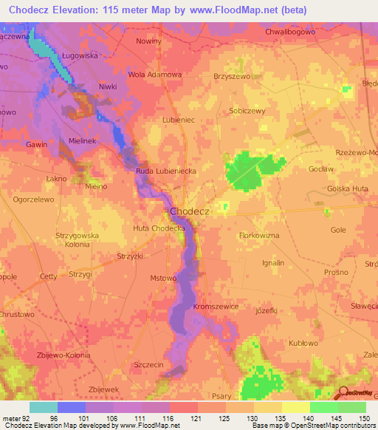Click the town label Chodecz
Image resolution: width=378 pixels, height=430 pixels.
tap(190, 211)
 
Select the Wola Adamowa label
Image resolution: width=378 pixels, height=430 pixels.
tap(155, 75)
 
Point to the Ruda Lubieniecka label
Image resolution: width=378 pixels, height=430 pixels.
tap(165, 171)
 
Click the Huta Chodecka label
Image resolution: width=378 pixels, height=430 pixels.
tap(159, 229)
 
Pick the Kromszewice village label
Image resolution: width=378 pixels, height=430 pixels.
tap(215, 305)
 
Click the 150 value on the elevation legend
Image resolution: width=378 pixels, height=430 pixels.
tap(363, 417)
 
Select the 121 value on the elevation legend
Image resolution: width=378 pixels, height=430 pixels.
tap(194, 417)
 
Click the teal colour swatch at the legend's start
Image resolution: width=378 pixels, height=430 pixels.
tap(43, 407)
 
